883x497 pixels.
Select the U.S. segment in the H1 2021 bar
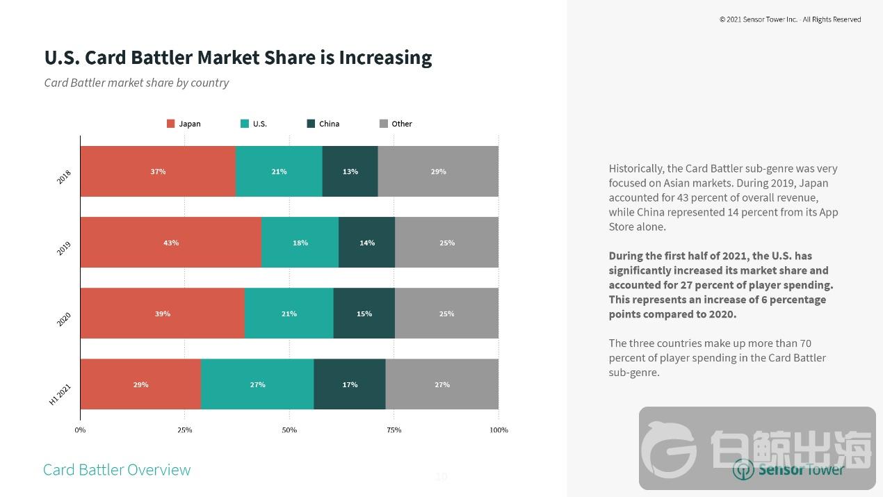(257, 384)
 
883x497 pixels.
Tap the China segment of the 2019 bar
(366, 243)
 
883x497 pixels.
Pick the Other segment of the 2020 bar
(446, 313)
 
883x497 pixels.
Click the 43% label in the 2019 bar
(171, 243)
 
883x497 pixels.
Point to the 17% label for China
(350, 384)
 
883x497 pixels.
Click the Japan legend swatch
(170, 124)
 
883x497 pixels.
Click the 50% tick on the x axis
(289, 430)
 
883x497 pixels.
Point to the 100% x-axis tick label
(499, 430)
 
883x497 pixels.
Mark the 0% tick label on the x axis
(80, 430)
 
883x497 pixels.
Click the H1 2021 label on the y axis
(60, 394)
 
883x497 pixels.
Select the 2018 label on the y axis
(64, 177)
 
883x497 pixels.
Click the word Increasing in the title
(385, 57)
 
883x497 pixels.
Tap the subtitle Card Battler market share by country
(136, 83)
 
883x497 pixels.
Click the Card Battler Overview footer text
(117, 470)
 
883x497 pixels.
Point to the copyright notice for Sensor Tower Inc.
(790, 19)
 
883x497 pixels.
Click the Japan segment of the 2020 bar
(163, 313)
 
